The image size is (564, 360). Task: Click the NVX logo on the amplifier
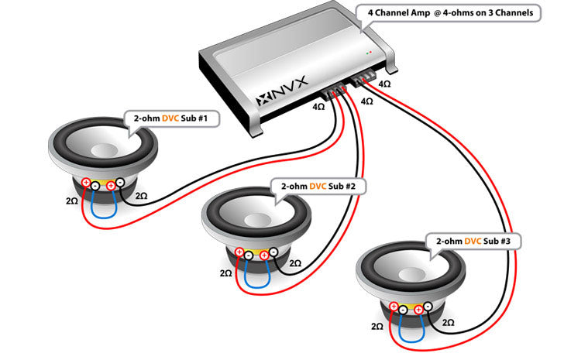coord(282,99)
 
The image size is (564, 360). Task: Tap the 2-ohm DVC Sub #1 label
coord(171,119)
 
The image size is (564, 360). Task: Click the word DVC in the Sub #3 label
coord(473,242)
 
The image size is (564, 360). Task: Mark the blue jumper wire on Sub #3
coord(408,331)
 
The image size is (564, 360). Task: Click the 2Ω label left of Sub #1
coord(71,201)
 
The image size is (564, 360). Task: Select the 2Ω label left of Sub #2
coord(225,273)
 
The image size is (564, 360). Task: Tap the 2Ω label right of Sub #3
coord(449,321)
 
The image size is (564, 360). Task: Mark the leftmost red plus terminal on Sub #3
coord(393,308)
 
